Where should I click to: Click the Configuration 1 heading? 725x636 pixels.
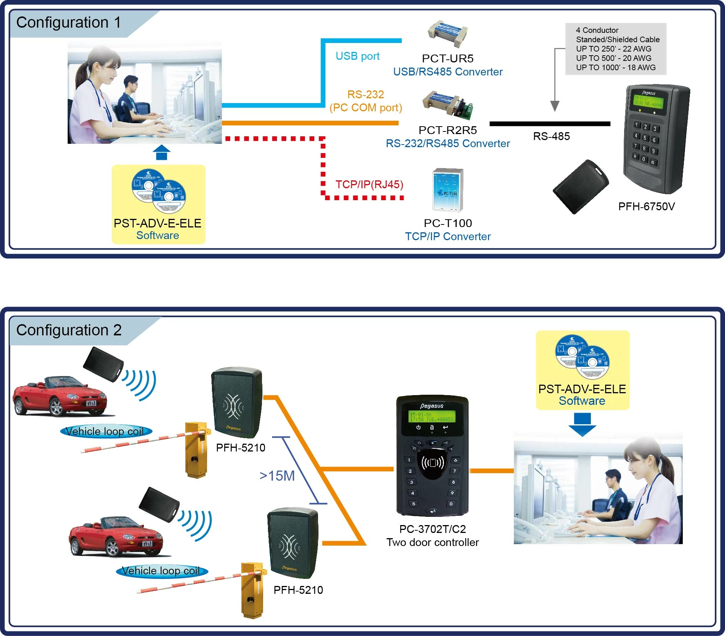69,23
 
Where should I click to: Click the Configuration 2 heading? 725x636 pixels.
69,331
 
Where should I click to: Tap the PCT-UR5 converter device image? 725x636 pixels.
448,34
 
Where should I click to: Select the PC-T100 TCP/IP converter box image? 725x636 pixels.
448,190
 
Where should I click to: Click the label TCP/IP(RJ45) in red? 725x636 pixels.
369,184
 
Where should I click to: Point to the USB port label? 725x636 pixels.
357,56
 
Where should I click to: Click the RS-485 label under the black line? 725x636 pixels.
551,136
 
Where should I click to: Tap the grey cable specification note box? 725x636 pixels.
616,49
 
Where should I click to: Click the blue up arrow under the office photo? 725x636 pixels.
161,153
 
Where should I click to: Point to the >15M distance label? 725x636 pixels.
277,476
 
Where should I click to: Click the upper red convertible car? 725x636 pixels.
60,397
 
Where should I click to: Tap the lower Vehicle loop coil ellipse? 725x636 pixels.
161,571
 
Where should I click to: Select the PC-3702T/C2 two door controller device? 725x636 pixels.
432,456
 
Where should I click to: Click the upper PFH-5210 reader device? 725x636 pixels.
236,403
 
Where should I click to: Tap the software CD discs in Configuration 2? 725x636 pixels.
582,357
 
